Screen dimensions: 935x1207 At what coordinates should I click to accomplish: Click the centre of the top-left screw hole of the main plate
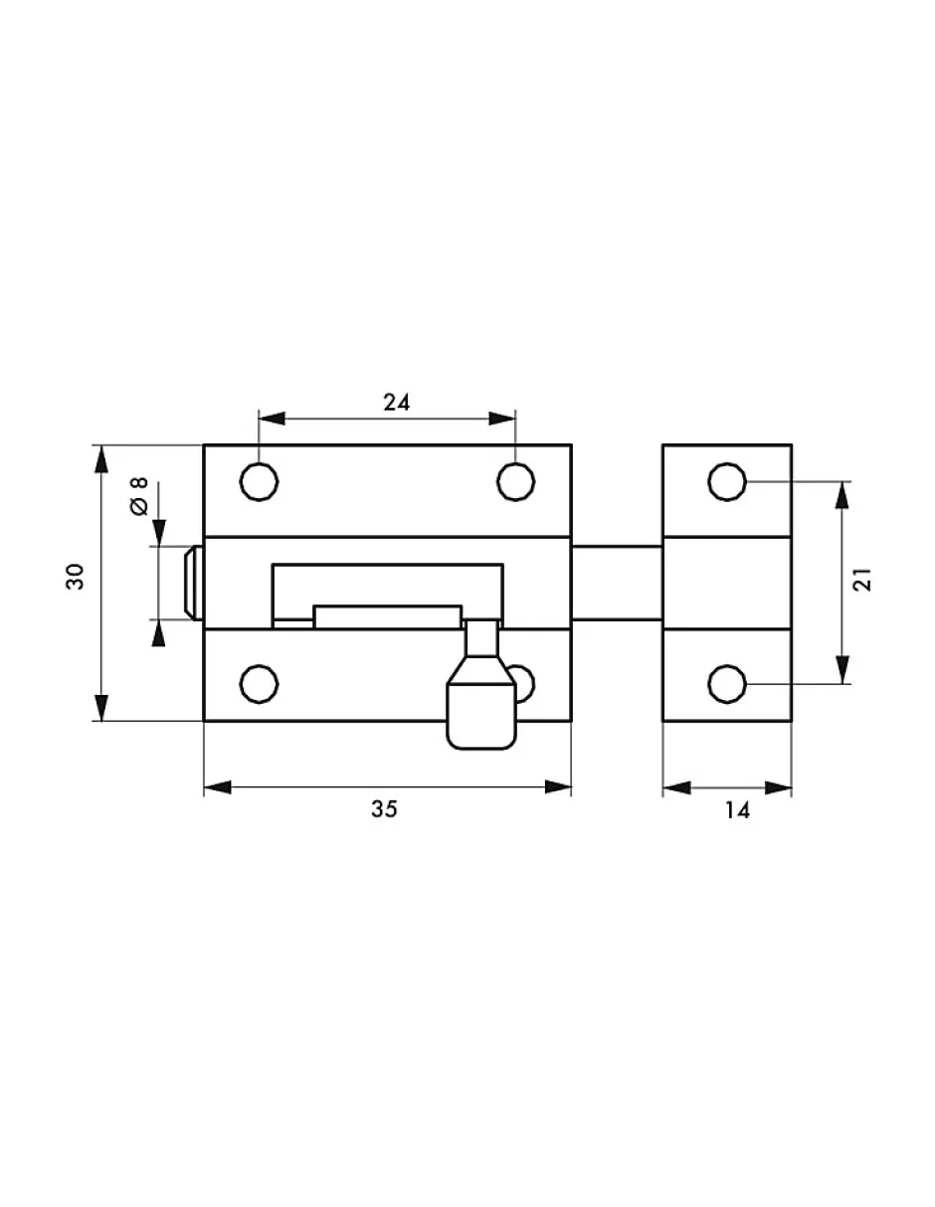tap(259, 481)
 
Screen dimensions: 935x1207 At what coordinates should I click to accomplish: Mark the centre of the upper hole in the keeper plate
tap(727, 481)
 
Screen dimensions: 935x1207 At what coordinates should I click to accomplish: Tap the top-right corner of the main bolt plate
tap(571, 444)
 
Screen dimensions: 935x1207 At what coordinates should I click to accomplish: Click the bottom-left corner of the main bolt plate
tap(204, 721)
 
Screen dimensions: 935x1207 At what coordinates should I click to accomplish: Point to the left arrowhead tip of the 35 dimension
tap(205, 787)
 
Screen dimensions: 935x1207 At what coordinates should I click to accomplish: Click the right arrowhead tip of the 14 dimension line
tap(792, 787)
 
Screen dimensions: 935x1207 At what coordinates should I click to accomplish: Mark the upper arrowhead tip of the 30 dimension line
tap(100, 445)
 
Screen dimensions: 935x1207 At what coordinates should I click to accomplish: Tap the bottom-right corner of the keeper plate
tap(792, 721)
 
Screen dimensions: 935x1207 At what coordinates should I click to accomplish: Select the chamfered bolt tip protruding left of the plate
tap(194, 583)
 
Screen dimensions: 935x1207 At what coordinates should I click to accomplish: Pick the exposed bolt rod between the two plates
tap(617, 583)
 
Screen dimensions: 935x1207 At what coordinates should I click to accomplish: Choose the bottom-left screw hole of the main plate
tap(259, 684)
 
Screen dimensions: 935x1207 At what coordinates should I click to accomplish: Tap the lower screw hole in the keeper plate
tap(727, 684)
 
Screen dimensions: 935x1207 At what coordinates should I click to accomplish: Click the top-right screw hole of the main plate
tap(515, 481)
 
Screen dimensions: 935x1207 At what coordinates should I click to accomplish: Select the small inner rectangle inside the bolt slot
tap(388, 617)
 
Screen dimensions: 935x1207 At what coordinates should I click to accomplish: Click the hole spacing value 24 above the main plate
tap(397, 402)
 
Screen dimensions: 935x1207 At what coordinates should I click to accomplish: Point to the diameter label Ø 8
tap(139, 496)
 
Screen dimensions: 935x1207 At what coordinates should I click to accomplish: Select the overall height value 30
tap(75, 577)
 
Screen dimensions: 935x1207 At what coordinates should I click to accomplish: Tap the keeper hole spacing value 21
tap(862, 580)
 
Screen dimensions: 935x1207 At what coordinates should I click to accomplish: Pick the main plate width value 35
tap(385, 809)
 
